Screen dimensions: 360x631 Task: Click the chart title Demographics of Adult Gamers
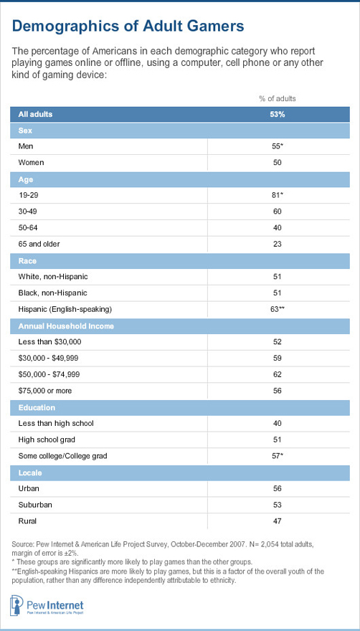[x=128, y=27]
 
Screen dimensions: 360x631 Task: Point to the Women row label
[x=32, y=163]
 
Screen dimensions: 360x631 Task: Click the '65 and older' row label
[x=41, y=244]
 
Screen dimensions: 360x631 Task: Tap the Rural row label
[x=28, y=521]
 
